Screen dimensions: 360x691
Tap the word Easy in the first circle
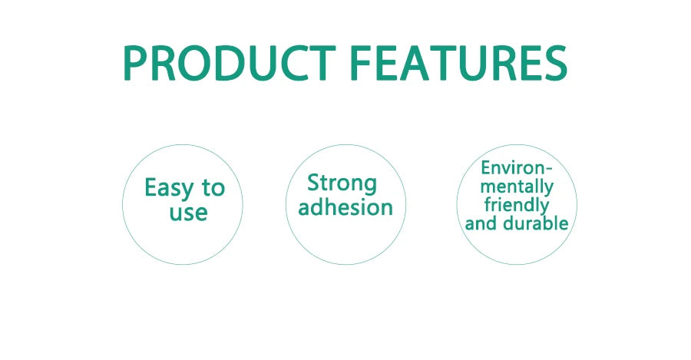(x=169, y=188)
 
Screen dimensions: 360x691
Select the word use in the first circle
(x=188, y=212)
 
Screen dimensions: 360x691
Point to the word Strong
(x=342, y=184)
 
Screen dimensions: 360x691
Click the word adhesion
(x=345, y=207)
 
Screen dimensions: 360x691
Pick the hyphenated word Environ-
(x=516, y=167)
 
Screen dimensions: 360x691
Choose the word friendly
(x=516, y=205)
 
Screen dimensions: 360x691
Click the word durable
(x=539, y=224)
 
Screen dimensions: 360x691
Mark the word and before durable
(x=481, y=224)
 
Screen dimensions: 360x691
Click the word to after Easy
(x=213, y=188)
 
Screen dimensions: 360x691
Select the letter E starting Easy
(x=150, y=188)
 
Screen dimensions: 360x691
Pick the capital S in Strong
(x=313, y=184)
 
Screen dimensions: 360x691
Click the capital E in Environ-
(x=485, y=167)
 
